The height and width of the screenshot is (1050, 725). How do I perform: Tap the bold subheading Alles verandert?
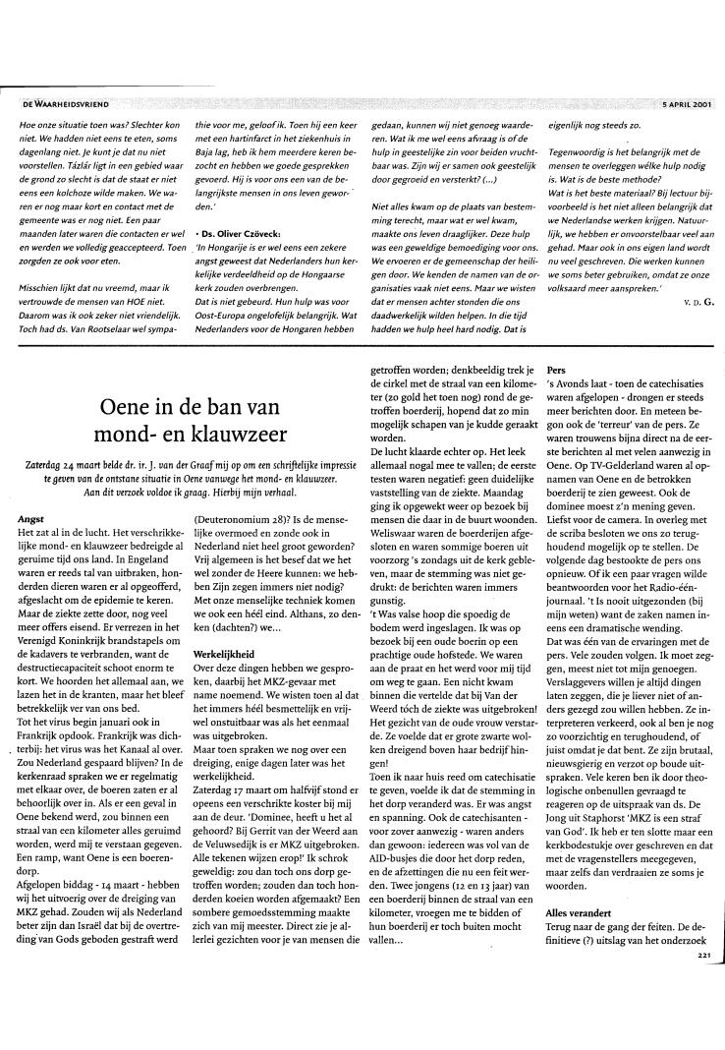click(579, 912)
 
